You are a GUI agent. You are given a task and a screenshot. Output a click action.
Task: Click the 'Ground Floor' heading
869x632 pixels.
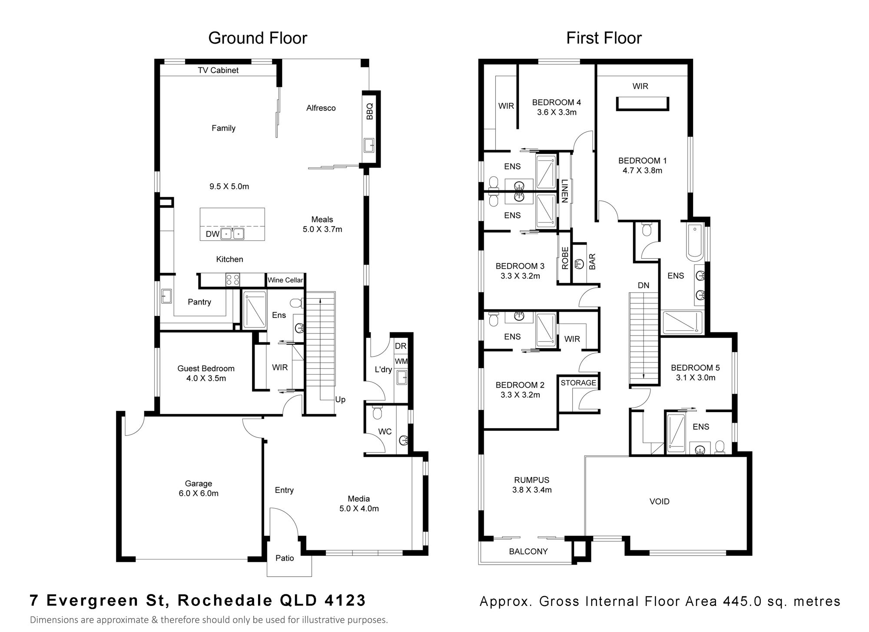tap(258, 38)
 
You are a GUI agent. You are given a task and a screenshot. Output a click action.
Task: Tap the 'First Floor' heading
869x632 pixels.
tap(604, 38)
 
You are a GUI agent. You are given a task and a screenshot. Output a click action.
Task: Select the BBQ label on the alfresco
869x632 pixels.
tap(370, 111)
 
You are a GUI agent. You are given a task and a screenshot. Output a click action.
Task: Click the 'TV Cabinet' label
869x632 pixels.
tap(218, 70)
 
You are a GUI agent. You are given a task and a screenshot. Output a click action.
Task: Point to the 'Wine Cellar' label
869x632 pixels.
tap(285, 280)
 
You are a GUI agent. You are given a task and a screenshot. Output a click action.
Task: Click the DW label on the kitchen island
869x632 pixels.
tap(212, 234)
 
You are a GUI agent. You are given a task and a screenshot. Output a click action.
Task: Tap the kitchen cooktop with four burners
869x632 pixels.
tap(232, 279)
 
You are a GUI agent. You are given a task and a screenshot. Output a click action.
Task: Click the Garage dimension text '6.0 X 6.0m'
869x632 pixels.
tap(199, 493)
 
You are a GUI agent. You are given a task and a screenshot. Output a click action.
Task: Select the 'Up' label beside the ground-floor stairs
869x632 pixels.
tap(340, 399)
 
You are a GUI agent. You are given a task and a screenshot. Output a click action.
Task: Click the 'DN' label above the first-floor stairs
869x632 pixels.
tap(643, 286)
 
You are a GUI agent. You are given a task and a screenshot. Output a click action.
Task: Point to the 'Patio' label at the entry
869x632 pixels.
tap(285, 558)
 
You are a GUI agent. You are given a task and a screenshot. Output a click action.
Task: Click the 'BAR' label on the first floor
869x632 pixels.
tap(592, 262)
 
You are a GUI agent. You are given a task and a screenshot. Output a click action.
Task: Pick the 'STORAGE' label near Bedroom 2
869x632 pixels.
tap(578, 383)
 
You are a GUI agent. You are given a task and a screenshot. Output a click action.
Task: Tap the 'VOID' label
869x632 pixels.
tap(659, 501)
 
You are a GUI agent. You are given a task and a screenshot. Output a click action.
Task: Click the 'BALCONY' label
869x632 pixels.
tap(528, 551)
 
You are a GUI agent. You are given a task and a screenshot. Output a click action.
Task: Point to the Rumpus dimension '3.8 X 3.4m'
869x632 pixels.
tap(532, 490)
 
